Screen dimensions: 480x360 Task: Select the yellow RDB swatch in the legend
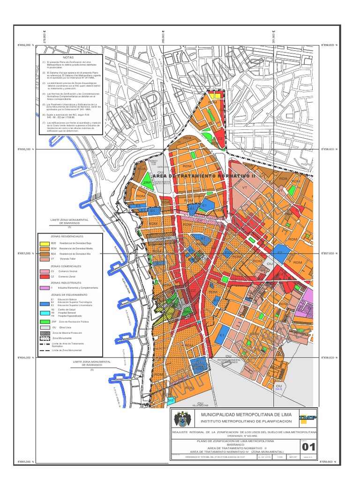[x=44, y=243]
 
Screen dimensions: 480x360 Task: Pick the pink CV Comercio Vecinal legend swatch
[x=44, y=271]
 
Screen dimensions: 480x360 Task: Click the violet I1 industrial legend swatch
[x=44, y=287]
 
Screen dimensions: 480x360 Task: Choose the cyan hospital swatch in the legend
[x=44, y=313]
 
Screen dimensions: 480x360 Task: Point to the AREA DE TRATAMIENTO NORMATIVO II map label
[x=207, y=174]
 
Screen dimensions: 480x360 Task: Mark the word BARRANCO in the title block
[x=240, y=445]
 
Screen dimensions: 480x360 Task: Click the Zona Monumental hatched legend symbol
[x=44, y=338]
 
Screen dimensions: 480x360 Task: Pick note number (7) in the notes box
[x=44, y=123]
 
